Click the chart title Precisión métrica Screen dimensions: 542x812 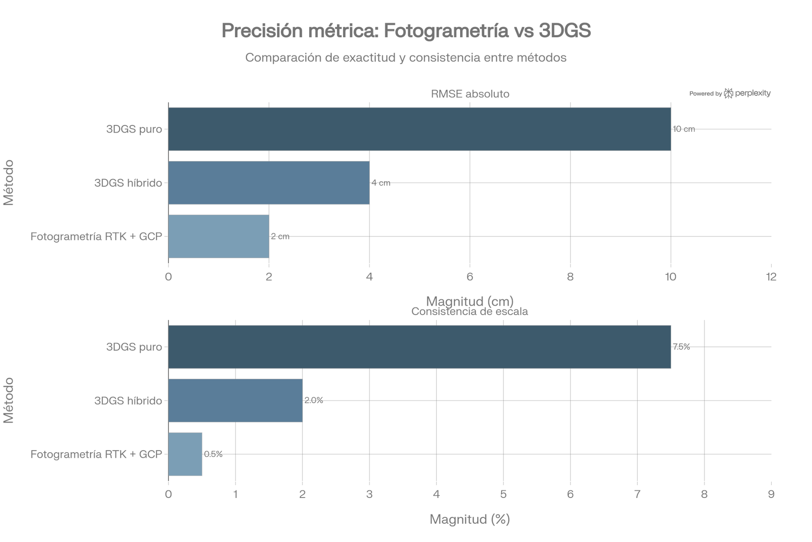click(406, 31)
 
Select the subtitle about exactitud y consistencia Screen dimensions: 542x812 click(406, 58)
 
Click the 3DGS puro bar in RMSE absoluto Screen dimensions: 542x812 click(420, 129)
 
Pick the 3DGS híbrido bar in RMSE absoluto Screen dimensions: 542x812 click(269, 183)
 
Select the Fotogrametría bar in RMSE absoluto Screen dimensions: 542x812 click(219, 236)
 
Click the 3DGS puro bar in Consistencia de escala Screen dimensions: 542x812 click(420, 347)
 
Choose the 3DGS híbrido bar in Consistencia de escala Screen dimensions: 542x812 click(236, 401)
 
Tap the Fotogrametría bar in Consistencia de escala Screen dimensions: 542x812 click(185, 454)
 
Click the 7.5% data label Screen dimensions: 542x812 click(681, 347)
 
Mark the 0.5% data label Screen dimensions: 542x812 click(213, 454)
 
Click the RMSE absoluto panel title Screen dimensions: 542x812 click(470, 94)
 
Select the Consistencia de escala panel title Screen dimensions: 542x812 click(469, 312)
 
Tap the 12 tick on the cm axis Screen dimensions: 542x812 click(771, 277)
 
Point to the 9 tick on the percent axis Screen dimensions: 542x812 click(771, 494)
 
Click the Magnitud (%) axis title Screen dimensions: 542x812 click(470, 519)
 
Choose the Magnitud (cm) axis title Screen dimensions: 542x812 click(470, 301)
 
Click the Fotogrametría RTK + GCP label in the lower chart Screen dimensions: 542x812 click(96, 454)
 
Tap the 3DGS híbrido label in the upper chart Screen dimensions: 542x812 click(128, 183)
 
